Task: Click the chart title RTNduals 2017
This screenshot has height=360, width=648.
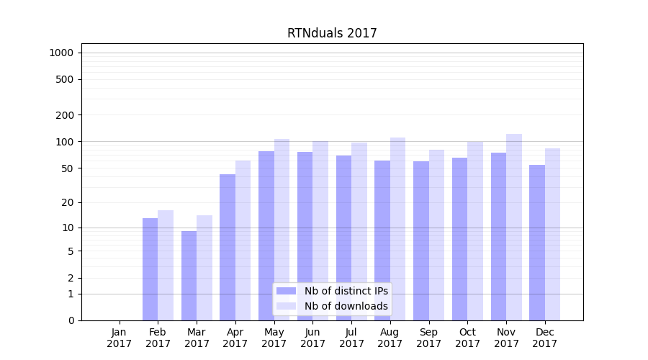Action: [x=332, y=33]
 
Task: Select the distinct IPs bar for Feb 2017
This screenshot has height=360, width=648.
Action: [x=150, y=269]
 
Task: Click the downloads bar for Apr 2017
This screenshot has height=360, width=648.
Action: [x=243, y=240]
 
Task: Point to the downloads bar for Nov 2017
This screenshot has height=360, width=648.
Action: [x=514, y=227]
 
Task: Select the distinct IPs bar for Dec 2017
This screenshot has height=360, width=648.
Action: [x=537, y=243]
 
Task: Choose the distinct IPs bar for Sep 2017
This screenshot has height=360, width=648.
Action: [x=421, y=240]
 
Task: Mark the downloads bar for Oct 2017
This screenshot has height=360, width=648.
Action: [x=475, y=230]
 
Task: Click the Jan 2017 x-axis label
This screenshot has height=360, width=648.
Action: [x=120, y=338]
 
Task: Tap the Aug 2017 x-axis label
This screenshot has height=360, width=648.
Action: [x=390, y=338]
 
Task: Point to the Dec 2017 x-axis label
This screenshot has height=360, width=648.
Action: [x=545, y=338]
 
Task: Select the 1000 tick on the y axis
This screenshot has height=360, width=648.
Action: [x=61, y=53]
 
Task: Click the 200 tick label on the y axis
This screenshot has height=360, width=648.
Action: [x=64, y=115]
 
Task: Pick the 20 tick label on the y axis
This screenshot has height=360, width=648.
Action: [x=67, y=202]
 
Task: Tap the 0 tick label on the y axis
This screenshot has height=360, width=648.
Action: [x=71, y=320]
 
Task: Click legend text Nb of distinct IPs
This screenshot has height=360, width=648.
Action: [x=346, y=291]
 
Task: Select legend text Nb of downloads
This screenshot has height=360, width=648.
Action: [x=346, y=306]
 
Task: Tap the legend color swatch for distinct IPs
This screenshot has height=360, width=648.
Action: [x=287, y=291]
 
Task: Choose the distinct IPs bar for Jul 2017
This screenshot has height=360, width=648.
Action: [x=343, y=238]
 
